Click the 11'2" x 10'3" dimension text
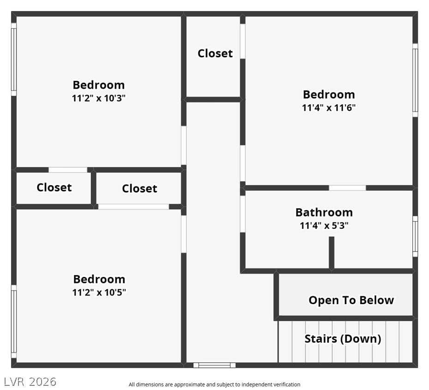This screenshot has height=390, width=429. [x=99, y=98]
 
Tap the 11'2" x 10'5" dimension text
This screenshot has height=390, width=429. [x=99, y=292]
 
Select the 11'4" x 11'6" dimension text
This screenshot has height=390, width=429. [x=329, y=108]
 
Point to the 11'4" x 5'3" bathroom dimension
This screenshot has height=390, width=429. [x=324, y=226]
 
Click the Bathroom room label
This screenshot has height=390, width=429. [x=324, y=212]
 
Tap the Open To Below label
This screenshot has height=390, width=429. [x=351, y=300]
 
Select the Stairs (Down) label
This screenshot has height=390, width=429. [x=343, y=339]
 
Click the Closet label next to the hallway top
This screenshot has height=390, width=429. [x=215, y=54]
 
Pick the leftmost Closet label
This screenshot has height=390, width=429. [x=54, y=187]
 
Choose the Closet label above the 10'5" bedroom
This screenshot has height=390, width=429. [x=139, y=188]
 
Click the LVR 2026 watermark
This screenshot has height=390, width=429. [x=30, y=382]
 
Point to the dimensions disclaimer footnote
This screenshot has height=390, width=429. [x=214, y=384]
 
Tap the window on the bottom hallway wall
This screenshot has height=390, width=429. [x=214, y=365]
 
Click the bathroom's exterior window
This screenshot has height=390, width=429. [x=415, y=236]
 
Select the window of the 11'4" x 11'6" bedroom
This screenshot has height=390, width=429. [x=415, y=80]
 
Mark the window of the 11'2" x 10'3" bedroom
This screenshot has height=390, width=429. [x=14, y=60]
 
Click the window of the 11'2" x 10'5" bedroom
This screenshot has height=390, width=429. [x=14, y=321]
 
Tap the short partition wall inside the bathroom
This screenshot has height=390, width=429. [x=332, y=253]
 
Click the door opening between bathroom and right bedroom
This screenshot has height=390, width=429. [x=347, y=188]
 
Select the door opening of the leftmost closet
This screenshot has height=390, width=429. [x=68, y=170]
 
